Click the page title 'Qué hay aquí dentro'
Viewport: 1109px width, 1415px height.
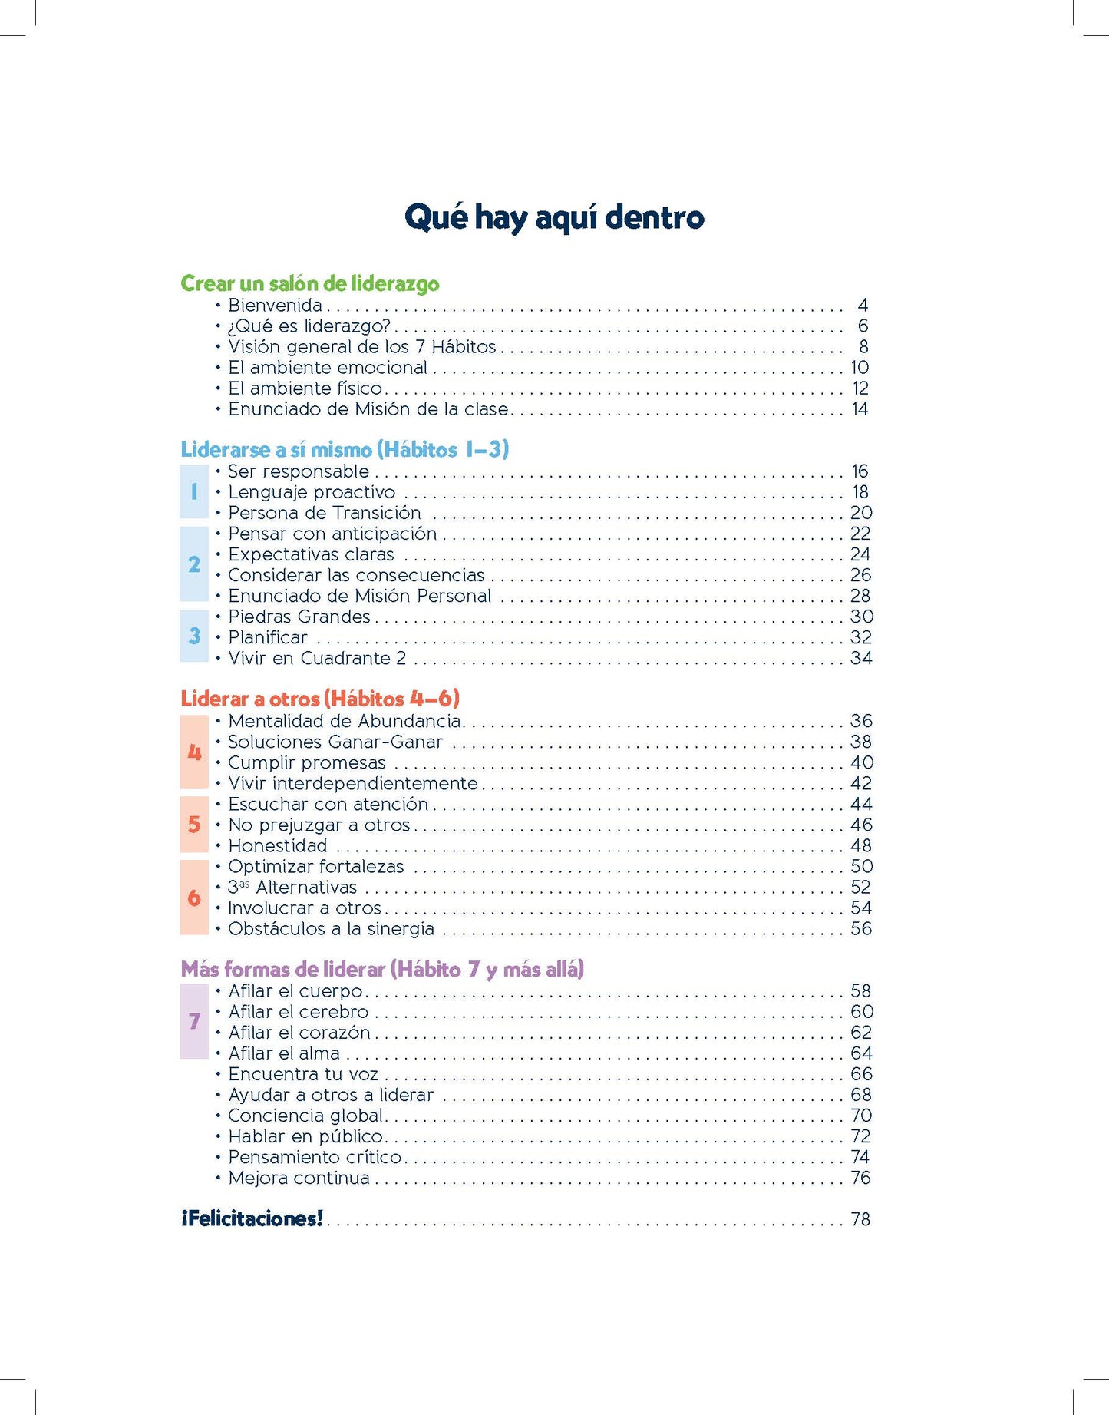554,217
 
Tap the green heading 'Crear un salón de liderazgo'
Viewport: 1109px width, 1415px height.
310,283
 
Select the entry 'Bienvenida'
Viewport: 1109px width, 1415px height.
275,306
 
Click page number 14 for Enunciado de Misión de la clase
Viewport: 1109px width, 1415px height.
860,409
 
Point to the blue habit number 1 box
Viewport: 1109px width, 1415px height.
194,491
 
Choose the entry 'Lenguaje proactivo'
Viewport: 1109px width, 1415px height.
312,492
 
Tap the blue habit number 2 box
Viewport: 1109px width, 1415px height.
194,564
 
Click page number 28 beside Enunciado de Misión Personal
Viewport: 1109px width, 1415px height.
860,596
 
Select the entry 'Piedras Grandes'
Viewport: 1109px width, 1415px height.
299,617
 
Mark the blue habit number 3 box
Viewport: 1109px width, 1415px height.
194,636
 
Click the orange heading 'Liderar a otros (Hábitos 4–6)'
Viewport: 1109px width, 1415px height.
320,699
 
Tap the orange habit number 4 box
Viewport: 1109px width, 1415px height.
194,752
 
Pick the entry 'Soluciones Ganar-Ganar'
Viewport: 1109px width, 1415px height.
335,742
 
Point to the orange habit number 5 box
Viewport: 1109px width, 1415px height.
194,825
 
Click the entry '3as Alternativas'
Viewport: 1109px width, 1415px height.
292,888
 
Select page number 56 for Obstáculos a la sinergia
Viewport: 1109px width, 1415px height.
861,929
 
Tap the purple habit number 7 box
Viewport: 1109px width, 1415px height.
194,1021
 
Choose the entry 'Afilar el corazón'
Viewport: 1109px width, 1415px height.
299,1033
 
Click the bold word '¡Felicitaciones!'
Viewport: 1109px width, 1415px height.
252,1219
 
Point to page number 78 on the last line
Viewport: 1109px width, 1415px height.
860,1219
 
